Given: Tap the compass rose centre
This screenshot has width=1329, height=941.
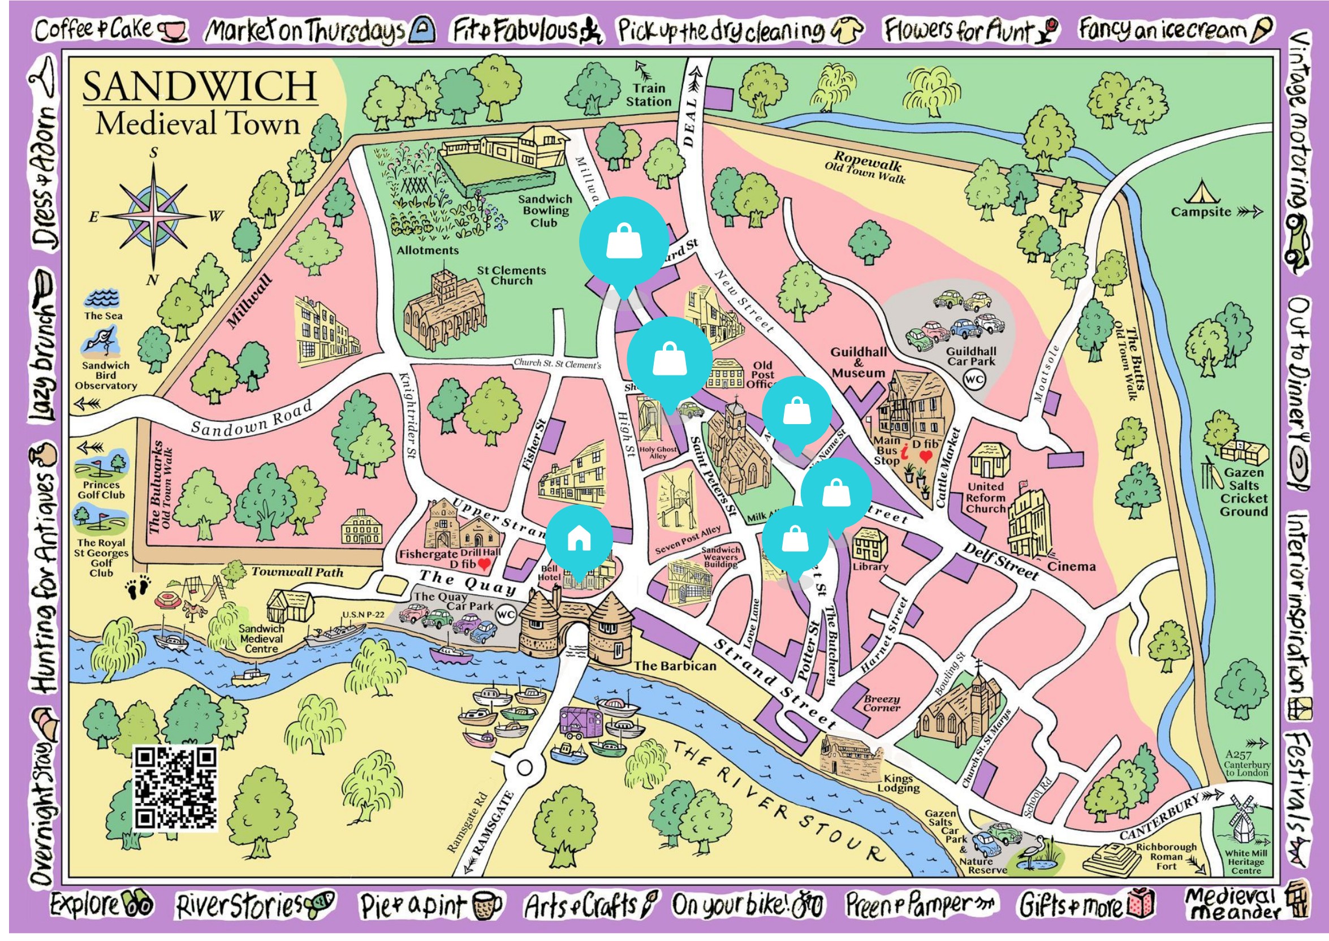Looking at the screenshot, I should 154,215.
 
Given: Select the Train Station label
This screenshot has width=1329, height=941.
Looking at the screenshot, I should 648,95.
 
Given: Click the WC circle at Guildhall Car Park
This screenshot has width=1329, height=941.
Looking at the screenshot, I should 974,379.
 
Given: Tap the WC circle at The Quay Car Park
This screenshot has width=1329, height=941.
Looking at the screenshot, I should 505,614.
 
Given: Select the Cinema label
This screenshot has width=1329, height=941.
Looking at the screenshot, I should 1071,567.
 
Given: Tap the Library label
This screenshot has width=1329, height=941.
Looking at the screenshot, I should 870,567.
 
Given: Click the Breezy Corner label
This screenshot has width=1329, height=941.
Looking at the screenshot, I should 881,703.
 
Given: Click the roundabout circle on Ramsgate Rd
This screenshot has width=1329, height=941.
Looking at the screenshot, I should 524,769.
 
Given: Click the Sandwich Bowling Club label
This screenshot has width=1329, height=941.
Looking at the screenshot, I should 544,211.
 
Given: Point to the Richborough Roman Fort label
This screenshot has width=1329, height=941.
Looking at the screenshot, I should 1166,856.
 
